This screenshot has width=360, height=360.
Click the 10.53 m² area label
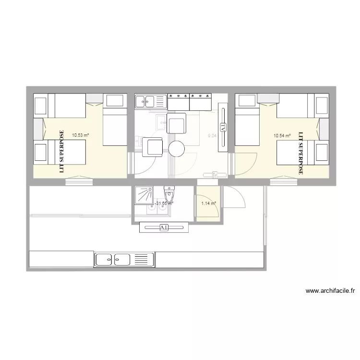[x=80, y=135]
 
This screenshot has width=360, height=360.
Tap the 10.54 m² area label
[x=282, y=136]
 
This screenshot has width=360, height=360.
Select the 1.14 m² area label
[x=208, y=204]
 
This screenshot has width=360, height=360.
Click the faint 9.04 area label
[x=212, y=136]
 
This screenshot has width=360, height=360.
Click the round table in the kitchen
[x=177, y=149]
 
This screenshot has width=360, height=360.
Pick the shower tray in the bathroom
[x=144, y=195]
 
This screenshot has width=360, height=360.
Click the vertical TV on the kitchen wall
[x=223, y=127]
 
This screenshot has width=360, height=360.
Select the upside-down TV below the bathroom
[x=163, y=228]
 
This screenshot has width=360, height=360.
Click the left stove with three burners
[x=178, y=101]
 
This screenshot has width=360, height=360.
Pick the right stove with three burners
[x=201, y=101]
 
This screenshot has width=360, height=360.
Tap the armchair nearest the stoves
[x=176, y=123]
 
